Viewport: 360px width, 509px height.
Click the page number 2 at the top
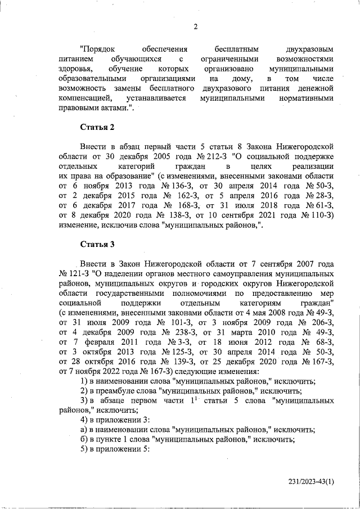[195, 26]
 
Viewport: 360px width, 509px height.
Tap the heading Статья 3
[97, 244]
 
